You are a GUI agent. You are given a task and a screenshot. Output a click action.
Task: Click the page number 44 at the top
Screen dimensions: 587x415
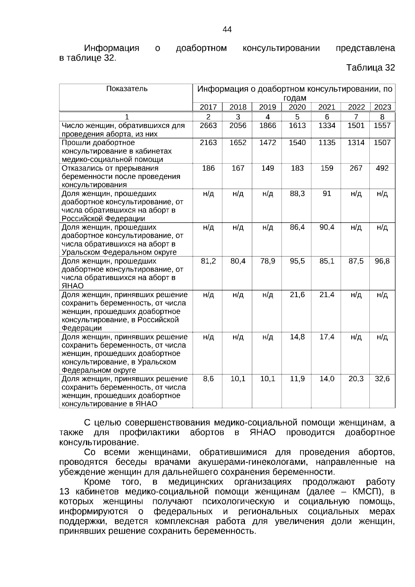click(227, 30)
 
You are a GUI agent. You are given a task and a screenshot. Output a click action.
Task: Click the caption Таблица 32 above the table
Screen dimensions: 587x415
click(370, 68)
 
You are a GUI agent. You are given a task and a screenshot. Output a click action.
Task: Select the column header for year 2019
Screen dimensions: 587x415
click(267, 107)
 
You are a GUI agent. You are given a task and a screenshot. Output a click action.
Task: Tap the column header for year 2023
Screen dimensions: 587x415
click(382, 107)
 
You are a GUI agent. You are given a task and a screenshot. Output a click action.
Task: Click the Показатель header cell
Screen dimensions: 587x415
click(127, 89)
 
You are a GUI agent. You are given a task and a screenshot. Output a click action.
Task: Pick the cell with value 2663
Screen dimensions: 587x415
click(208, 126)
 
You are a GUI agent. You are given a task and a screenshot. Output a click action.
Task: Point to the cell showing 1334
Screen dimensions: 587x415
click(327, 126)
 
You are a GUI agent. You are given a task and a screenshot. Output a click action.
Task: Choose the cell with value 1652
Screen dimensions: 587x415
click(238, 143)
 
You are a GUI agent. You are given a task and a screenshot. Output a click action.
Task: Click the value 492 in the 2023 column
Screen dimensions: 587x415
click(382, 168)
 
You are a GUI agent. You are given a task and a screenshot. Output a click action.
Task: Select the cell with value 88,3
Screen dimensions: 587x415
click(297, 194)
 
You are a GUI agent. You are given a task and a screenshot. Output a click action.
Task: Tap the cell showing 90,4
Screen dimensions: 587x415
click(327, 227)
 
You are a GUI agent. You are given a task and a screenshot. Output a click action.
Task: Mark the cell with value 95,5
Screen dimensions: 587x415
click(297, 261)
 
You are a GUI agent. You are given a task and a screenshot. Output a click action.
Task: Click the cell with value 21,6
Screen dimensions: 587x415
click(297, 295)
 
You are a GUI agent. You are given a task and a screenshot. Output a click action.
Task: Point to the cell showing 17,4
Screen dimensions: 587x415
click(327, 337)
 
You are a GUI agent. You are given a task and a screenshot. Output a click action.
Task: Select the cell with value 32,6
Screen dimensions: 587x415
click(382, 379)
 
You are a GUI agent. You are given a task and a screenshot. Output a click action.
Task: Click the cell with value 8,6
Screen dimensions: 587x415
click(208, 379)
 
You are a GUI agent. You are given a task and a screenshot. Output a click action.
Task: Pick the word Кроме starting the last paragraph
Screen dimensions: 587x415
click(97, 482)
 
